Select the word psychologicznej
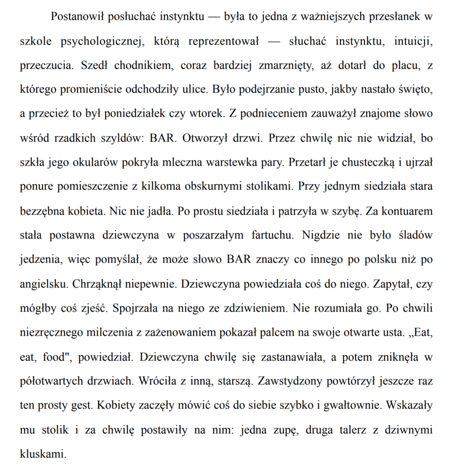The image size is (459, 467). [104, 42]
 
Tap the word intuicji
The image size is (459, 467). [408, 42]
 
